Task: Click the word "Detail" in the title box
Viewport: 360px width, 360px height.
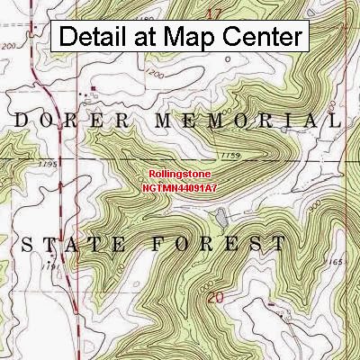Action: pyautogui.click(x=97, y=38)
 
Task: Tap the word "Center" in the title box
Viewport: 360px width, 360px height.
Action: pyautogui.click(x=262, y=38)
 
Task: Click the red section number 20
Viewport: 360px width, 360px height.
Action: pyautogui.click(x=213, y=296)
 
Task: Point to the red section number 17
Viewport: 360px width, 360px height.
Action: pyautogui.click(x=213, y=13)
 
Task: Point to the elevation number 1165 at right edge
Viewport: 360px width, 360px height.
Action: pyautogui.click(x=338, y=260)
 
